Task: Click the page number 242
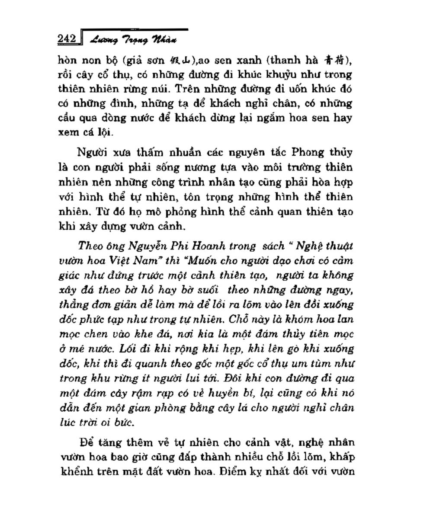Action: tap(67, 39)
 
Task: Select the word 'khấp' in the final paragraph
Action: tap(342, 457)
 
